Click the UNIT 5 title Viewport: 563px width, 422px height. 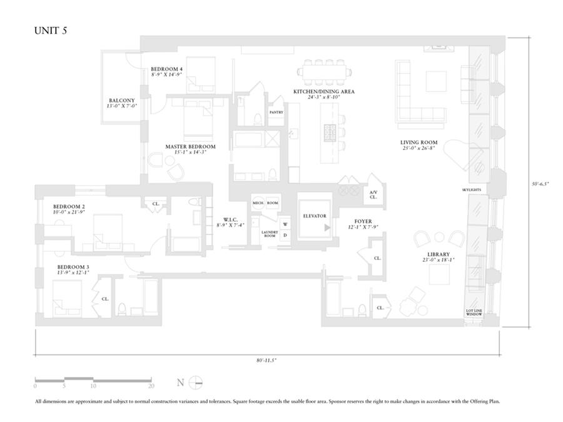[51, 32]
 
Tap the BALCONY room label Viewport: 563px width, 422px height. [122, 101]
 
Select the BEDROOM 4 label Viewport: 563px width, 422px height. [166, 69]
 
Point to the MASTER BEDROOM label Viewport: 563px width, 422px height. [190, 147]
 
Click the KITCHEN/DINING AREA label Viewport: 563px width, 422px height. [324, 91]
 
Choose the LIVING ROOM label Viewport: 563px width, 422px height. [418, 143]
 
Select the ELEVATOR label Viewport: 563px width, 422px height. [315, 216]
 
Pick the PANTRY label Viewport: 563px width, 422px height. [276, 113]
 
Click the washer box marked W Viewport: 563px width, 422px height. [285, 224]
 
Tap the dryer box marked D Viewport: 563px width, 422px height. [285, 235]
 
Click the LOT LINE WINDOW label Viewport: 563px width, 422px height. [474, 314]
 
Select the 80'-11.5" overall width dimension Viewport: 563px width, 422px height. [267, 361]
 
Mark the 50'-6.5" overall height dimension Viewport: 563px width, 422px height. [540, 184]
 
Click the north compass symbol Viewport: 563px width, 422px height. [196, 383]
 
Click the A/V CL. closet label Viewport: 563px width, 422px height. [373, 194]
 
